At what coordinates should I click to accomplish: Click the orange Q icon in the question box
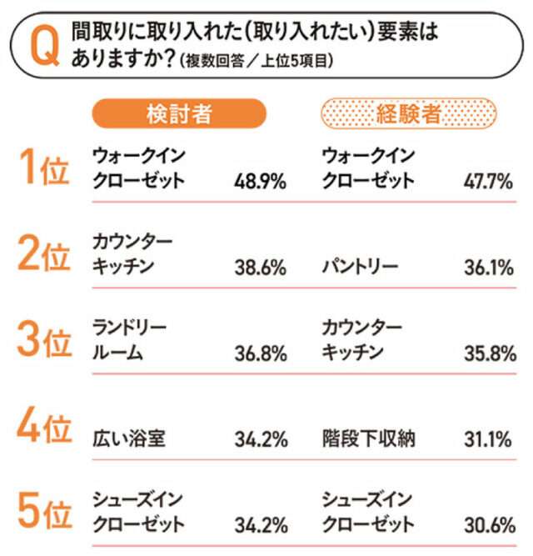(43, 48)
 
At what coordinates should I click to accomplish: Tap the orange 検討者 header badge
(178, 113)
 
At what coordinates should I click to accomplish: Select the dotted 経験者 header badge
(408, 113)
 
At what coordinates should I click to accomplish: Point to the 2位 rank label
(42, 256)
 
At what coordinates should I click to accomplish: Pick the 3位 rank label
(42, 342)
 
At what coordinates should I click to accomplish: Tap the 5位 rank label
(42, 514)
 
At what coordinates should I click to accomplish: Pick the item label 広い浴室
(129, 439)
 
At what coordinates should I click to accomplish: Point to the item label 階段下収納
(367, 439)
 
